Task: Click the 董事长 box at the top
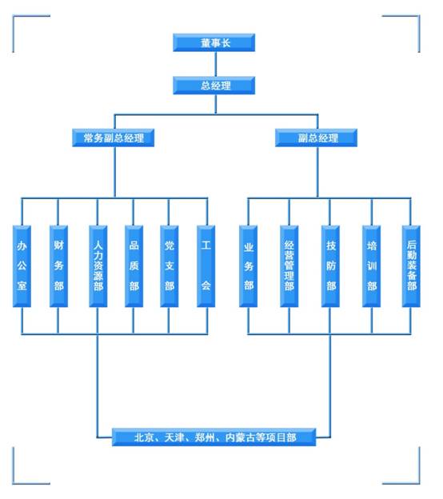point(214,42)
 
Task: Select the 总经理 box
point(214,86)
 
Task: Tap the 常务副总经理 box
point(114,138)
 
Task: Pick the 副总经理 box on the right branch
point(317,138)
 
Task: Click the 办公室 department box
point(22,266)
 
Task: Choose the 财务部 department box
point(58,266)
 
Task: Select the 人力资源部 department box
point(98,266)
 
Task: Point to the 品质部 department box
point(134,266)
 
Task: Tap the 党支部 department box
point(170,266)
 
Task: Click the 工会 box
point(206,266)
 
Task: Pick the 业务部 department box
point(248,266)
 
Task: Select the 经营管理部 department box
point(289,266)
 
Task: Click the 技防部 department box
point(330,266)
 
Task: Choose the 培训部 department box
point(371,266)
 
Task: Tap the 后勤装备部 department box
point(411,266)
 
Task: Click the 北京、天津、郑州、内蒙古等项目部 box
point(214,437)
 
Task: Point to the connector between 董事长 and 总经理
point(215,64)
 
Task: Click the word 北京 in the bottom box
point(144,437)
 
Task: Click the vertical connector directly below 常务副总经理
point(114,172)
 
